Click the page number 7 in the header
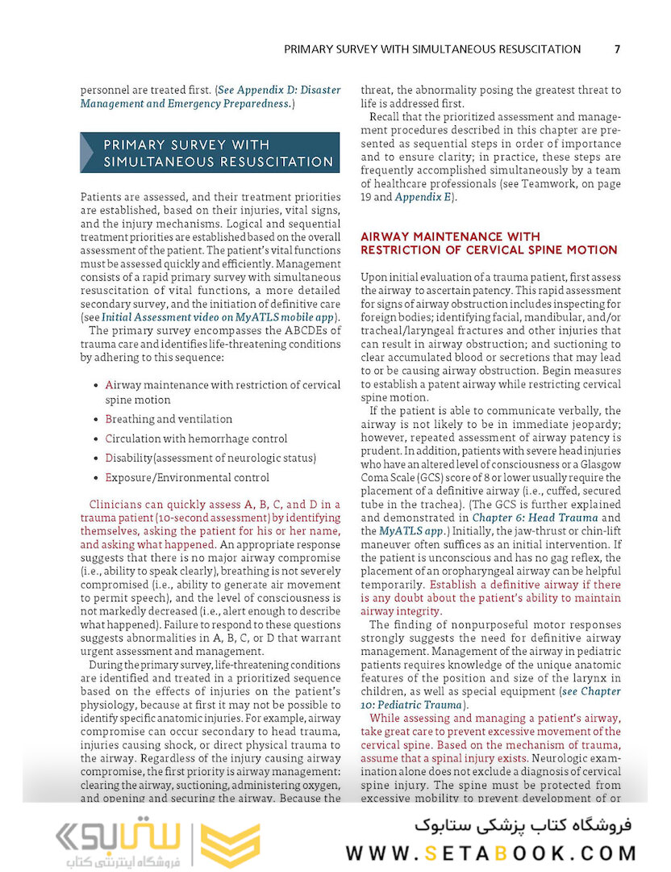[x=617, y=49]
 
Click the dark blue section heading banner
[x=210, y=153]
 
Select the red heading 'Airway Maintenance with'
[x=450, y=237]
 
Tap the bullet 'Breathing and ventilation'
[x=169, y=419]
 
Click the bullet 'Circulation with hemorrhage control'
[x=196, y=438]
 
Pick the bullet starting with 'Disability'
[x=210, y=458]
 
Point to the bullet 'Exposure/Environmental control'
[x=187, y=477]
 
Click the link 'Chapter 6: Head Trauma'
[x=535, y=517]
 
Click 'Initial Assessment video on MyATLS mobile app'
[x=218, y=317]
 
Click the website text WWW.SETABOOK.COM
[x=490, y=853]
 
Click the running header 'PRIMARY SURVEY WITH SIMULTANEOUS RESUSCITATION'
[x=432, y=49]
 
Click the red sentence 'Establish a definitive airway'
[x=525, y=585]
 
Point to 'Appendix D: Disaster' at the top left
[x=280, y=90]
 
